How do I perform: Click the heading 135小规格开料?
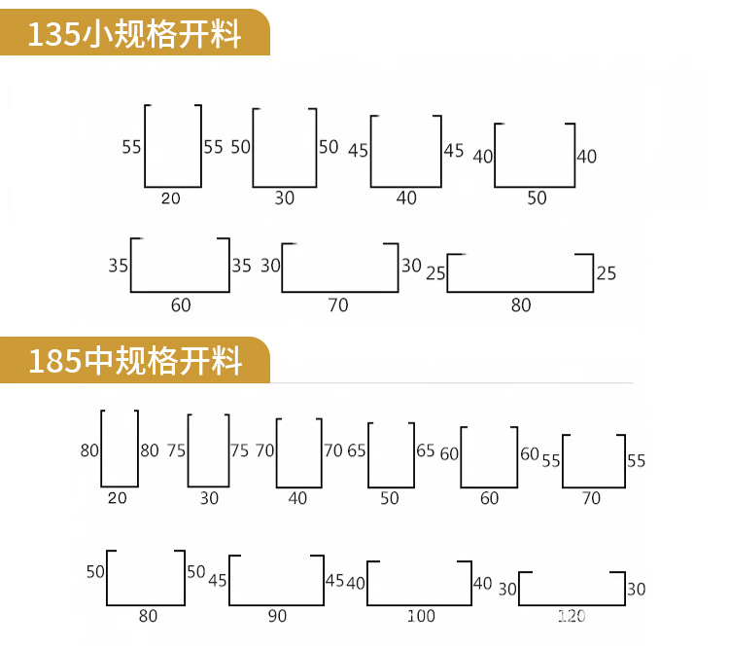pyautogui.click(x=134, y=35)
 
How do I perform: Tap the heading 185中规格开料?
pyautogui.click(x=134, y=362)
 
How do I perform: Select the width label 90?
pyautogui.click(x=277, y=616)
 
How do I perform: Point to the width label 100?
pyautogui.click(x=421, y=617)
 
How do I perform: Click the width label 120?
pyautogui.click(x=572, y=617)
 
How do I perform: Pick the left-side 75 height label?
pyautogui.click(x=176, y=450)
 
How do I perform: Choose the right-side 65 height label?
pyautogui.click(x=425, y=450)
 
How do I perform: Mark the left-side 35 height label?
pyautogui.click(x=119, y=265)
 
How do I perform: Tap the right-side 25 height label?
pyautogui.click(x=607, y=273)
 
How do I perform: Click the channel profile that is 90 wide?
pyautogui.click(x=276, y=581)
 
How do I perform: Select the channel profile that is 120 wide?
pyautogui.click(x=572, y=588)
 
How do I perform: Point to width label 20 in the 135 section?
pyautogui.click(x=171, y=198)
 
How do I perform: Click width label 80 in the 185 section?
pyautogui.click(x=148, y=616)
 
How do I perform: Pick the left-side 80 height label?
pyautogui.click(x=90, y=450)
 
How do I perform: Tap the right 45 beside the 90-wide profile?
pyautogui.click(x=334, y=581)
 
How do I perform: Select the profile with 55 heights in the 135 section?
pyautogui.click(x=173, y=146)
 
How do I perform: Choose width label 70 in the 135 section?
pyautogui.click(x=338, y=305)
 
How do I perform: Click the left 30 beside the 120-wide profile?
pyautogui.click(x=507, y=589)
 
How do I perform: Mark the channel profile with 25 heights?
pyautogui.click(x=520, y=272)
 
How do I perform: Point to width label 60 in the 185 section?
pyautogui.click(x=489, y=498)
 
